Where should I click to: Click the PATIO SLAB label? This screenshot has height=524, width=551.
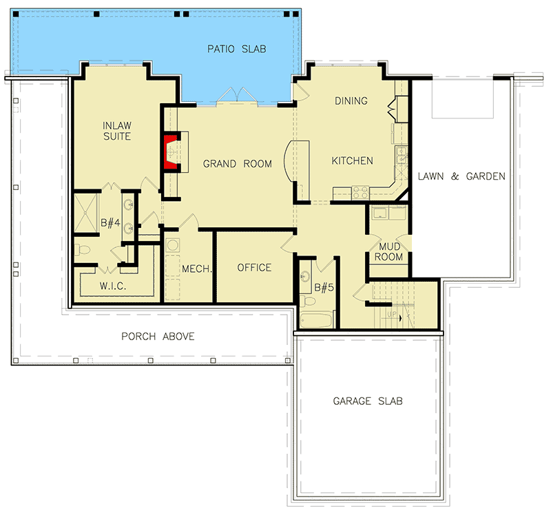tap(236, 49)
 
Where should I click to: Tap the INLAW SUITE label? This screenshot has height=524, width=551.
tap(117, 131)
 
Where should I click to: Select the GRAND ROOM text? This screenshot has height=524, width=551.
tap(237, 164)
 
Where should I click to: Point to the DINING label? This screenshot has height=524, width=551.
tap(351, 101)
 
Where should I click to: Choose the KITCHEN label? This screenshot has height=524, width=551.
tap(352, 161)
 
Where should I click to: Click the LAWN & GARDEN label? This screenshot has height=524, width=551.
tap(461, 176)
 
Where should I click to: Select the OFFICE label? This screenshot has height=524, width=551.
tap(254, 268)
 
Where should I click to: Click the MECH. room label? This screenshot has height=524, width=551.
tap(196, 269)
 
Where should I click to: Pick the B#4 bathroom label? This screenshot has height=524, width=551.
tap(111, 223)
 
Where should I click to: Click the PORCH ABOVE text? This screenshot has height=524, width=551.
tap(158, 337)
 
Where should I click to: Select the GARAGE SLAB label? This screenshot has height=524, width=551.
tap(368, 401)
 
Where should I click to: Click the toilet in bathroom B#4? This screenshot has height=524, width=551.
tap(81, 249)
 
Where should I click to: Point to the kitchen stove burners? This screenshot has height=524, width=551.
tap(360, 193)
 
